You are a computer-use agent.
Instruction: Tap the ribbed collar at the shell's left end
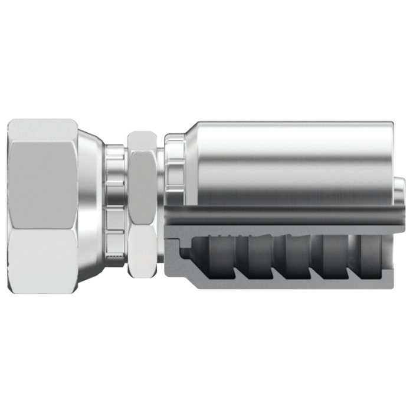(174, 171)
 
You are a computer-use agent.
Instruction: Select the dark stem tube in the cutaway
(283, 216)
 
